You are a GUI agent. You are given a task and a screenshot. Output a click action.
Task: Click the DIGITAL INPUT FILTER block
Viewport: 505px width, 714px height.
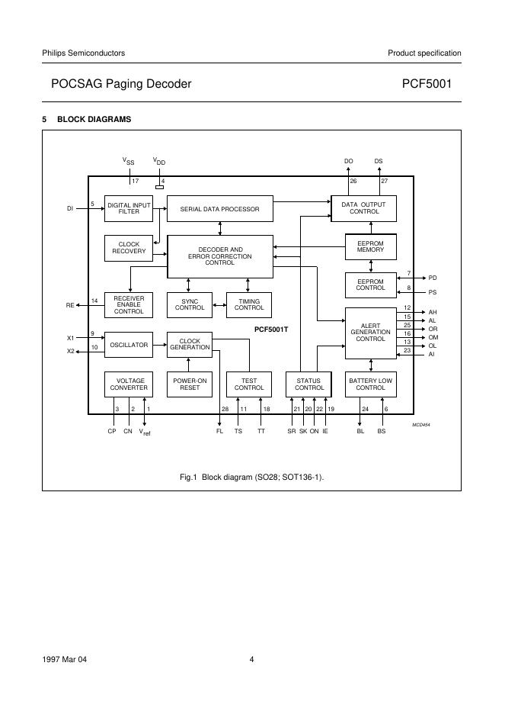click(128, 208)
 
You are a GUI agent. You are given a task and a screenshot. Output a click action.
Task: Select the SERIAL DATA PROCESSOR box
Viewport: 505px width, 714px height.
click(219, 208)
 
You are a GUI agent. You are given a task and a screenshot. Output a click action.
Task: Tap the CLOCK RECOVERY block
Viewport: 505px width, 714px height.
click(128, 248)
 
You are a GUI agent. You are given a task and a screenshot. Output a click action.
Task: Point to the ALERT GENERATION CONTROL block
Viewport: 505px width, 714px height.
click(370, 333)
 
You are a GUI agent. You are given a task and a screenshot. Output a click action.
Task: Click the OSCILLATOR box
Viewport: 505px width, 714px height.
click(128, 345)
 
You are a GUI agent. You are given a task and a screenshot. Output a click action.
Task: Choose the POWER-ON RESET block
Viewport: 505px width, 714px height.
click(190, 384)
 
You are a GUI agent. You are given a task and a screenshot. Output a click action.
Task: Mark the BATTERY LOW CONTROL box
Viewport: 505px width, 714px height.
click(370, 384)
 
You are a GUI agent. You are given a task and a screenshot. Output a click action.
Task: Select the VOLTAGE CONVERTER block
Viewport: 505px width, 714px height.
click(128, 384)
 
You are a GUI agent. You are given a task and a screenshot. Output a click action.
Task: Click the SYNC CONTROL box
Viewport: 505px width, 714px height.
click(190, 304)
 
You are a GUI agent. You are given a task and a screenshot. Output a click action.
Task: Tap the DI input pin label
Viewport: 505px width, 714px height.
click(70, 207)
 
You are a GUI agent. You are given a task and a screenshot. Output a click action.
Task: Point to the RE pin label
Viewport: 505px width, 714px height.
click(70, 305)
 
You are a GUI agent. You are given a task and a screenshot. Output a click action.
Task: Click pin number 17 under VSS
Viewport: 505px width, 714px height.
click(135, 181)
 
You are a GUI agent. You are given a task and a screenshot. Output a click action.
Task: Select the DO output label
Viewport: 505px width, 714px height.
click(349, 162)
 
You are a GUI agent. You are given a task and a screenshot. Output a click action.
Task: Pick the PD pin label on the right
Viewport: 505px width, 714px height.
click(433, 278)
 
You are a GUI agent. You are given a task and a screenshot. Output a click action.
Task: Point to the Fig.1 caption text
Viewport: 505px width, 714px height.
click(251, 477)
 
